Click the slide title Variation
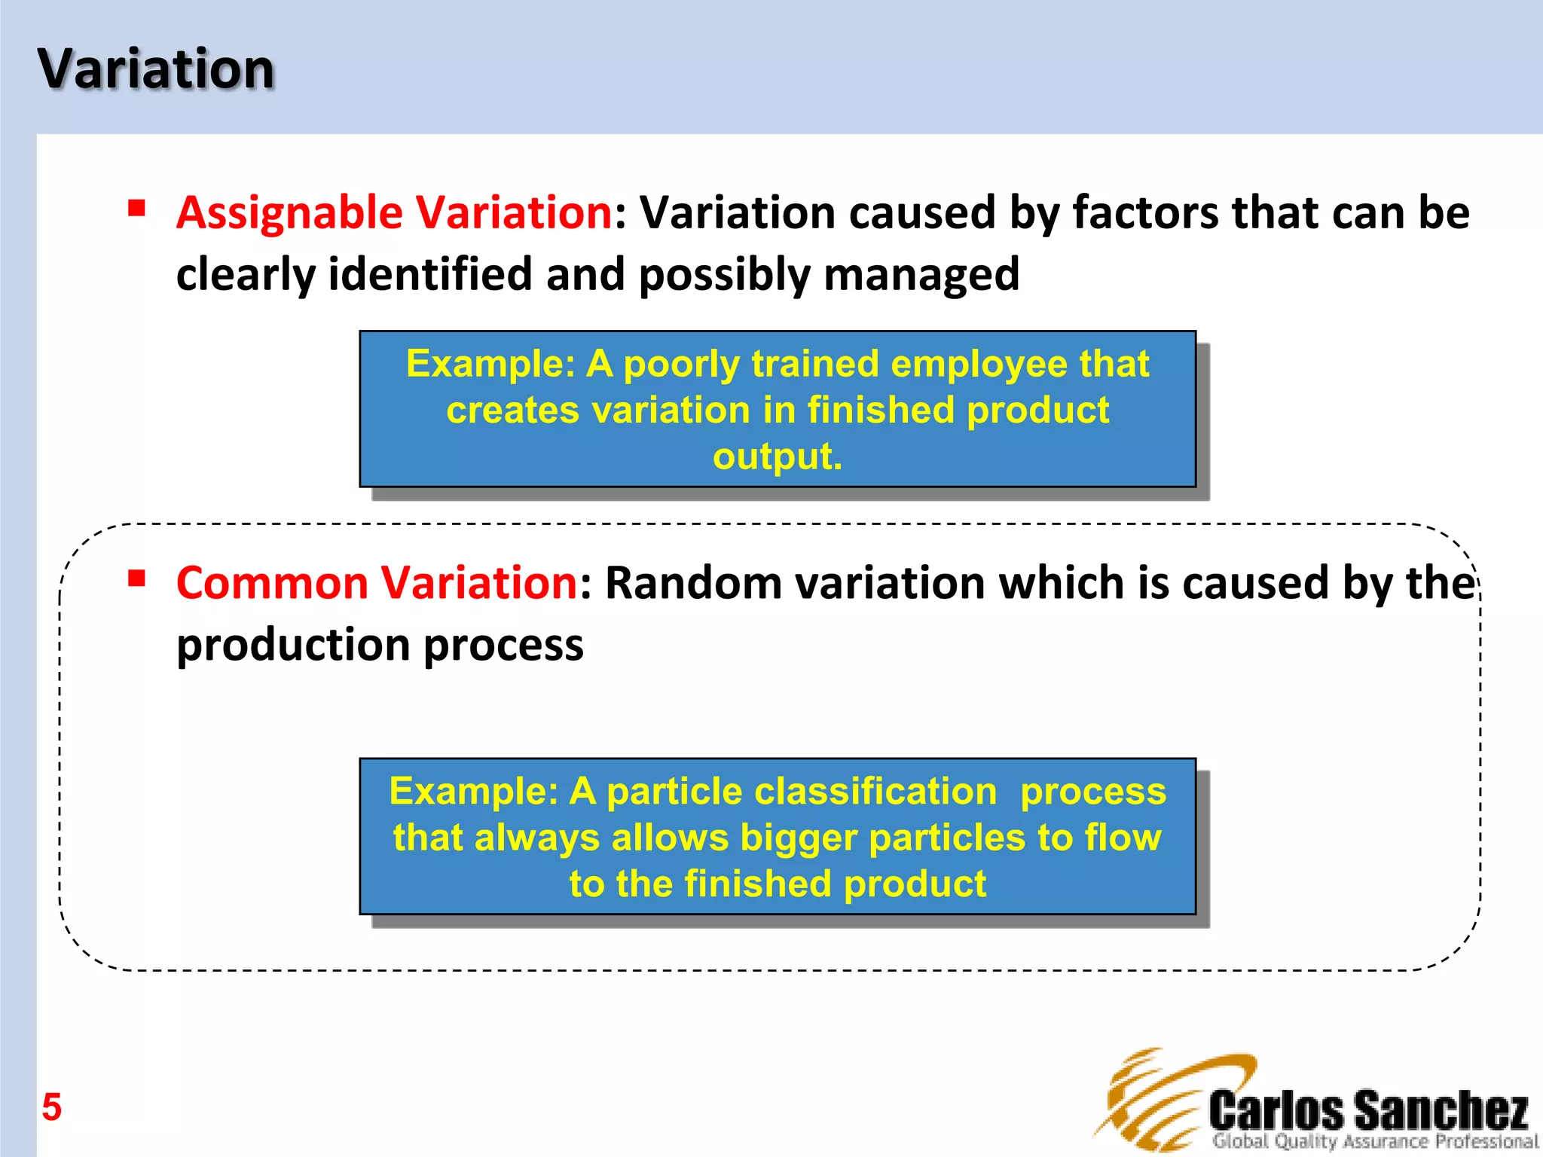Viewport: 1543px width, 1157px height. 156,69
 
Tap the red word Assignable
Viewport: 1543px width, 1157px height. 289,213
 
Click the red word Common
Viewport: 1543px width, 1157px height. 272,584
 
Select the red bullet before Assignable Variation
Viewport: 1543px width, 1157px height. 136,208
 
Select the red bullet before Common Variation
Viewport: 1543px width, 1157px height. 136,578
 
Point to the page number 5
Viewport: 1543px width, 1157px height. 51,1107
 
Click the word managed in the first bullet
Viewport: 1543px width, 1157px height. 921,275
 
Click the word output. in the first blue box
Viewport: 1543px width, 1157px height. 778,456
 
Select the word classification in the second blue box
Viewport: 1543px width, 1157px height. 875,792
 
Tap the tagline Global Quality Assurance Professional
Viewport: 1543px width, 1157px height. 1374,1141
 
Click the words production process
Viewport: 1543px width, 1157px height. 380,646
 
